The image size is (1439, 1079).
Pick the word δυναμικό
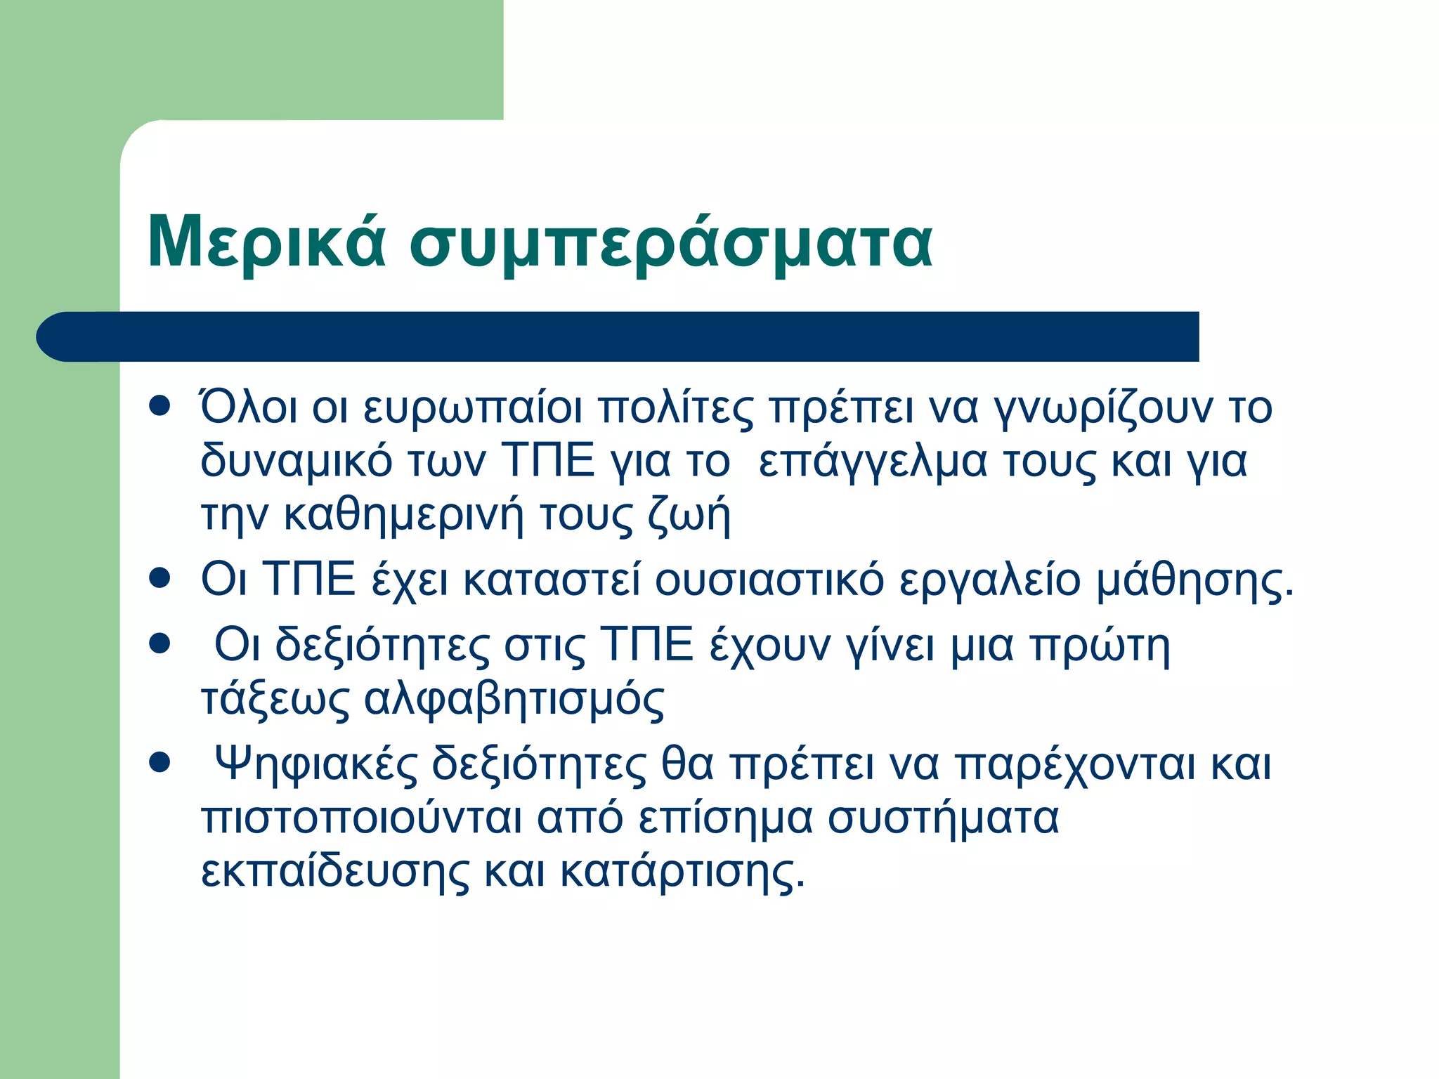[296, 462]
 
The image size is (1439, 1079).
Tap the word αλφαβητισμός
[514, 700]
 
